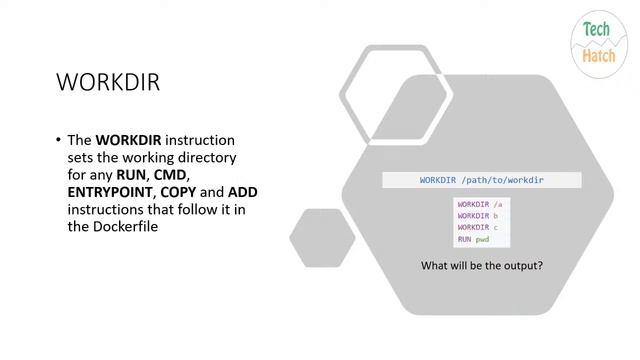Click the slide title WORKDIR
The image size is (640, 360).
coord(107,82)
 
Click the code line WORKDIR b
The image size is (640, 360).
coord(478,216)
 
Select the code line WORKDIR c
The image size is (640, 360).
coord(478,228)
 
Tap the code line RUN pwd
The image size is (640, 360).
coord(473,240)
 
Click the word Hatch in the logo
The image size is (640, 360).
coord(600,56)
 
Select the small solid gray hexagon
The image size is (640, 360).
coord(322,237)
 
